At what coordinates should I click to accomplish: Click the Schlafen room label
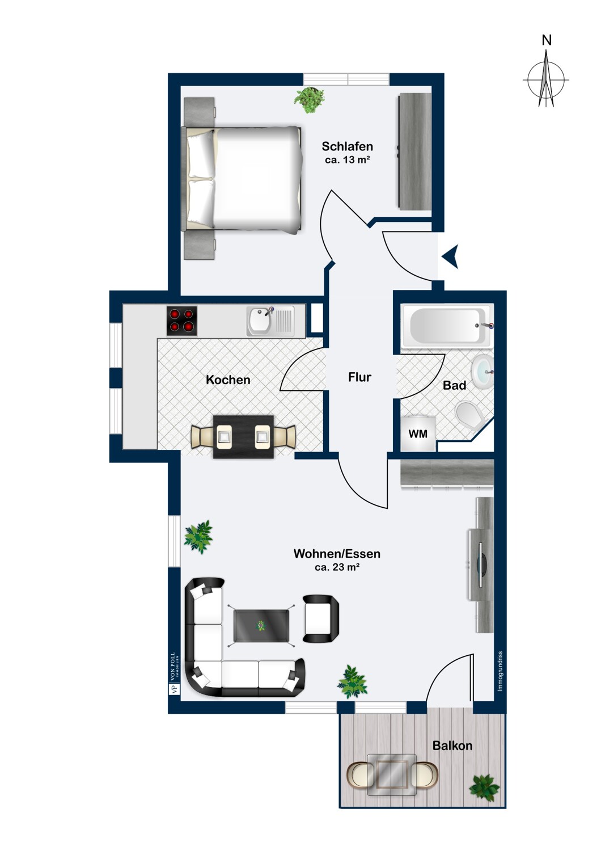(x=347, y=146)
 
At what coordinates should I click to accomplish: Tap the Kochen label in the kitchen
(x=228, y=380)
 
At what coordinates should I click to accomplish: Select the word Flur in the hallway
(x=359, y=377)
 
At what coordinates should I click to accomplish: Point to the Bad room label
(x=454, y=385)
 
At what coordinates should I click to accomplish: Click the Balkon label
(x=452, y=745)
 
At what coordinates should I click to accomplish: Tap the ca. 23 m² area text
(x=337, y=567)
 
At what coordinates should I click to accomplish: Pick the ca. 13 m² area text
(x=348, y=159)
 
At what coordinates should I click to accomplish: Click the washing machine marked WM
(x=418, y=433)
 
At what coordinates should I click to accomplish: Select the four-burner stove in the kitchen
(x=182, y=321)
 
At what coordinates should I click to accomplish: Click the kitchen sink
(x=270, y=322)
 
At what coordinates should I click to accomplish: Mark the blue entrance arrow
(x=450, y=256)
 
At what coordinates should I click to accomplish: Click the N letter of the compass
(x=547, y=40)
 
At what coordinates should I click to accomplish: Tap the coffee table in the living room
(x=261, y=625)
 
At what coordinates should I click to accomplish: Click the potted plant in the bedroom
(x=309, y=100)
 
